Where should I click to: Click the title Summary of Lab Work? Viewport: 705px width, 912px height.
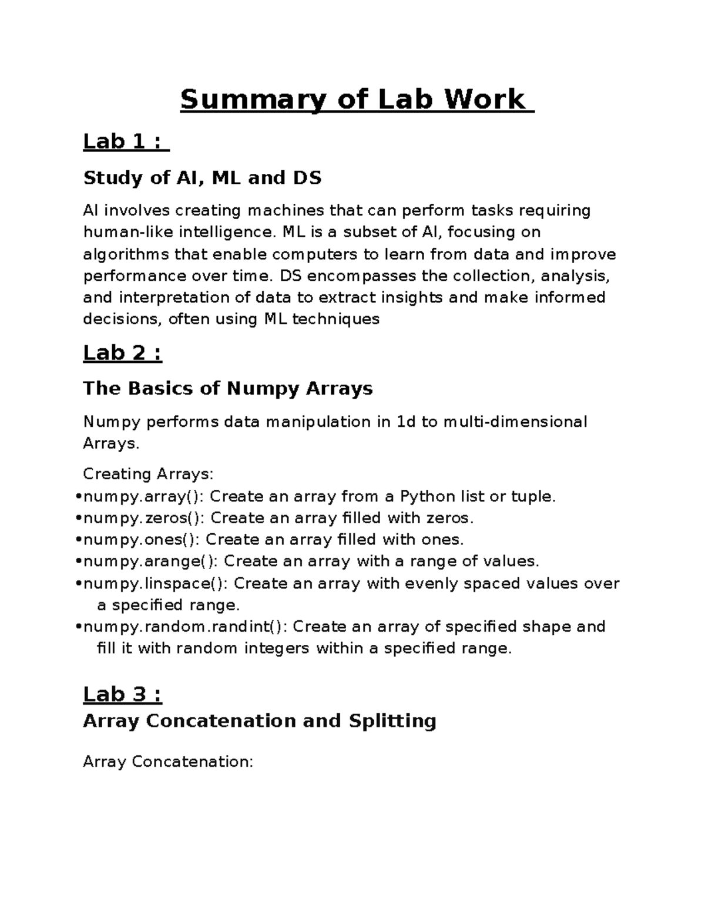coord(352,99)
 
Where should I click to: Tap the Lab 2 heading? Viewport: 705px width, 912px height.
coord(122,353)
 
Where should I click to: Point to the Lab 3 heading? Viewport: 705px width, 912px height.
coord(122,694)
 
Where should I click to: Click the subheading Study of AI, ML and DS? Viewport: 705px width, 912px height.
coord(203,177)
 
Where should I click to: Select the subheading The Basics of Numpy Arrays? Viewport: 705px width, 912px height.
coord(228,388)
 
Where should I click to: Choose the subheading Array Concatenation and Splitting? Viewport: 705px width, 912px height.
coord(259,721)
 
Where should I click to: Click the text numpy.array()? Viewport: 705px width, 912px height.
coord(143,497)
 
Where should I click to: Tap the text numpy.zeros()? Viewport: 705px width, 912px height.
coord(144,519)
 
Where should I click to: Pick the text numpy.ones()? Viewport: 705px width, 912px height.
coord(142,540)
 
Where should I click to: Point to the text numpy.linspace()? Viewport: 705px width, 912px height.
coord(156,584)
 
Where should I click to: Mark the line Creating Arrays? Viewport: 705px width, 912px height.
coord(149,474)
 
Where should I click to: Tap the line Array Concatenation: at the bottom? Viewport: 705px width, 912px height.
coord(168,762)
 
